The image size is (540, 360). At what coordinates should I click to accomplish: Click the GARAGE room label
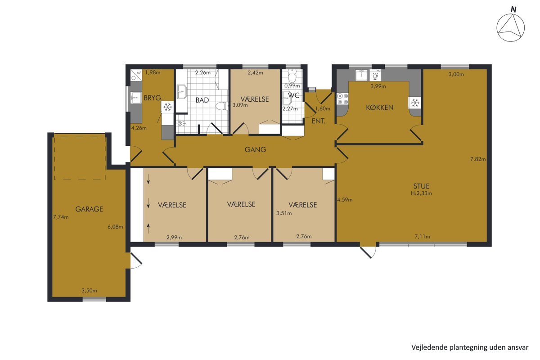[89, 209]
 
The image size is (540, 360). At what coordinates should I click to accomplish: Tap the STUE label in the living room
[421, 186]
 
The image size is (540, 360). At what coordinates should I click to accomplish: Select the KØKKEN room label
[380, 107]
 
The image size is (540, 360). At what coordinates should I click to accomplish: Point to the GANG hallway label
[255, 149]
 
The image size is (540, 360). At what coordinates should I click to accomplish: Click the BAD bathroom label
[202, 100]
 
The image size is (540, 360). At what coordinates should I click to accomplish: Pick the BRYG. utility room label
[153, 98]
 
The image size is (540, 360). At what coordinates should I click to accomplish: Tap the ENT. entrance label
[318, 121]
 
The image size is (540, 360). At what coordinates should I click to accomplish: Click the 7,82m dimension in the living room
[478, 159]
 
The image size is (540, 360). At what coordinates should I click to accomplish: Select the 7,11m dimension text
[423, 237]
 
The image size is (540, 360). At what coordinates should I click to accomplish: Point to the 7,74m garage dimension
[61, 217]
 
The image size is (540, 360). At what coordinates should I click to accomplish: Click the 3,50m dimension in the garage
[89, 291]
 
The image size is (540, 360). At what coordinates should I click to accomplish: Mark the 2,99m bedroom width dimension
[174, 238]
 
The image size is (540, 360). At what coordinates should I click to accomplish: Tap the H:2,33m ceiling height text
[421, 193]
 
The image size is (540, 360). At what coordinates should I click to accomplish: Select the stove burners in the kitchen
[342, 99]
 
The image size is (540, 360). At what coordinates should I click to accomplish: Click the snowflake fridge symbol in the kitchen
[414, 103]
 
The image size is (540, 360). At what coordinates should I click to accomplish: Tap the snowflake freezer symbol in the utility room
[167, 107]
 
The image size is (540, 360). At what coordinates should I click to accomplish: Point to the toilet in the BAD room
[222, 106]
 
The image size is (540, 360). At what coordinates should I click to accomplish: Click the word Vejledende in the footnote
[425, 347]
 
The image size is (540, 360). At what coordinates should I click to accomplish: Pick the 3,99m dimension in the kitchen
[378, 86]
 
